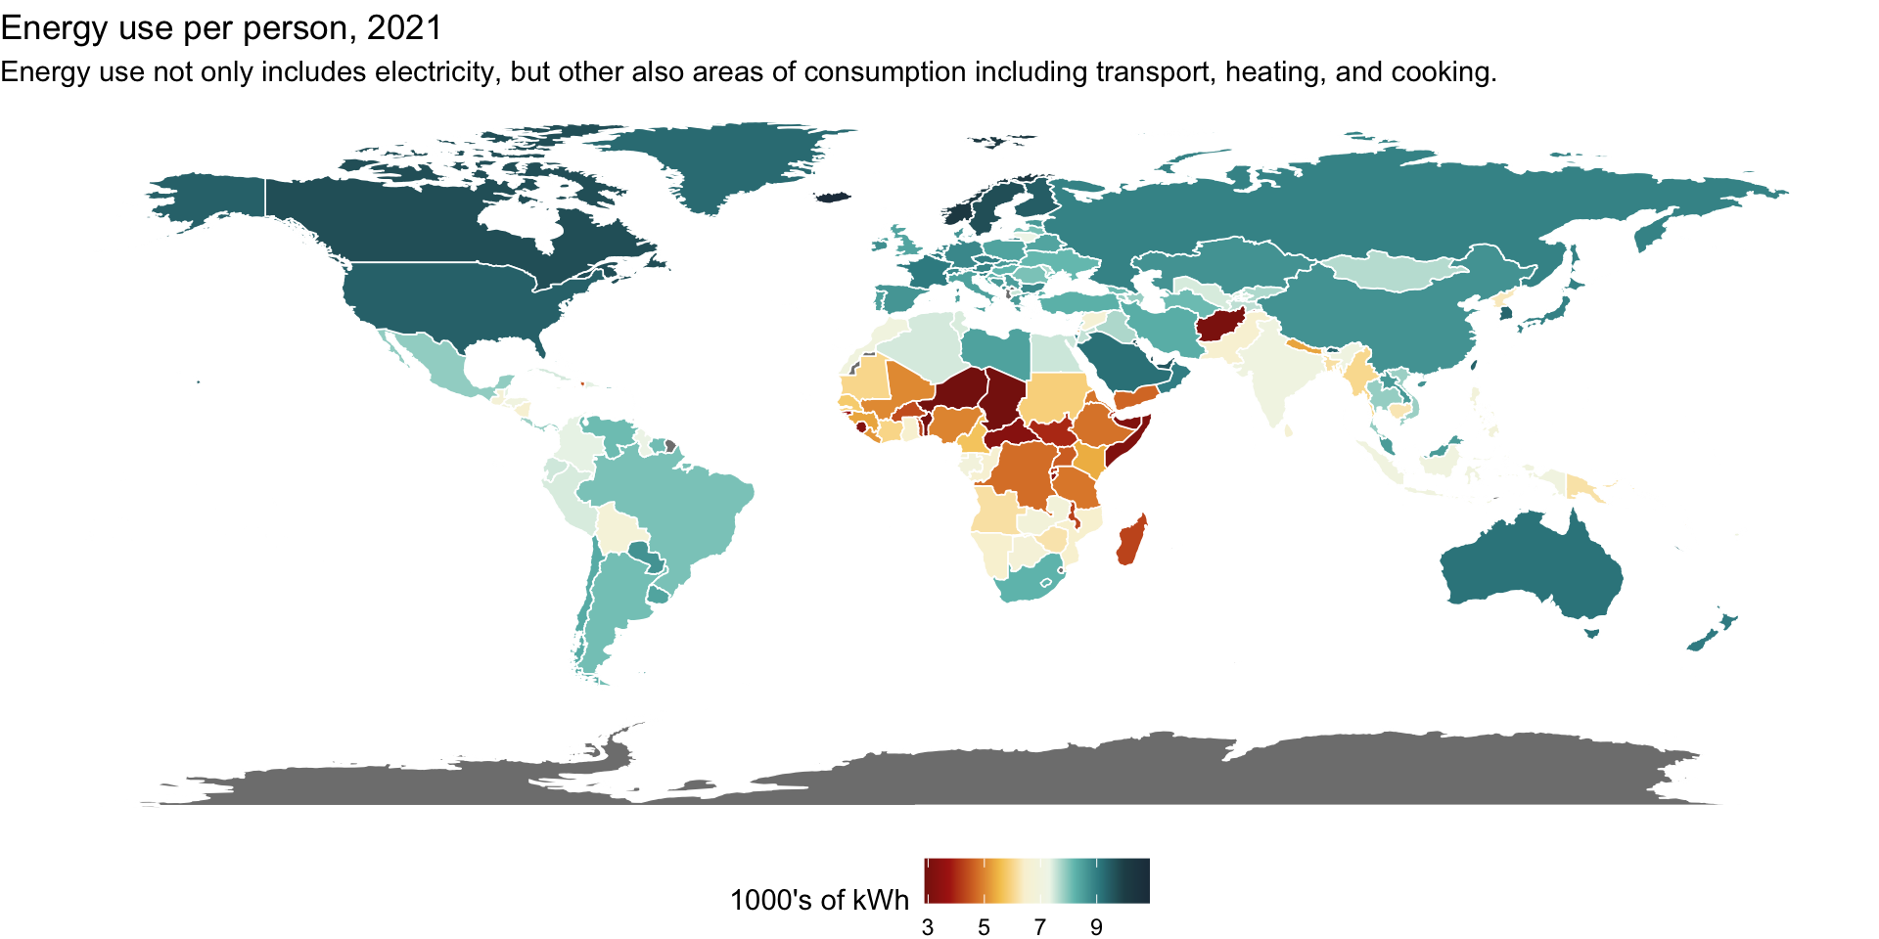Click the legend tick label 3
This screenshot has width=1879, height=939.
pos(928,926)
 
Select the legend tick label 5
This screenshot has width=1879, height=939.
pos(984,926)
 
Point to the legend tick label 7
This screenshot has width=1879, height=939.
pos(1040,926)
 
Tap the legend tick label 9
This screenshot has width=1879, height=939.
pos(1096,926)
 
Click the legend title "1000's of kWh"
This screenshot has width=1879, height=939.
pos(819,900)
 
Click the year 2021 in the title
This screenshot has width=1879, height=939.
pos(404,27)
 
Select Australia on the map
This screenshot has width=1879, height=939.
pos(1532,567)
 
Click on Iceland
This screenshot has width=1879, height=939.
pos(833,196)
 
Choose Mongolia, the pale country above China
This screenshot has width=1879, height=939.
pos(1395,269)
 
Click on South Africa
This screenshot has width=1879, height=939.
pos(1028,582)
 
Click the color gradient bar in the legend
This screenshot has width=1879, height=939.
pos(1037,880)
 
